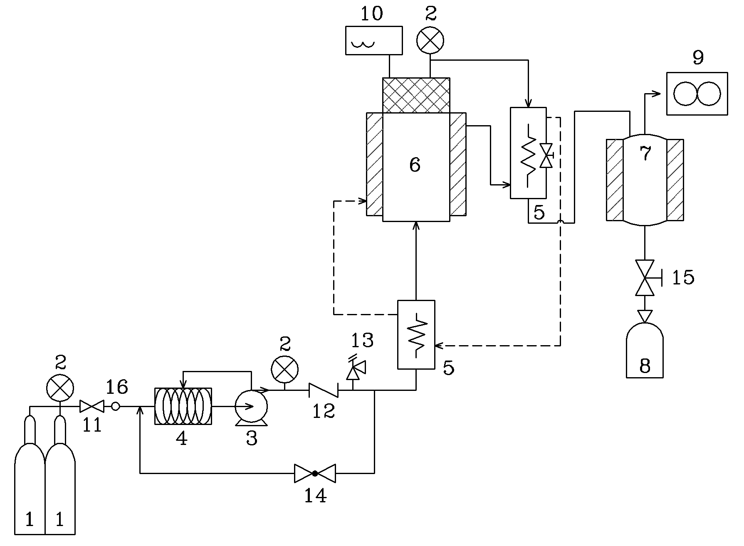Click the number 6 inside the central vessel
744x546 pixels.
(x=415, y=165)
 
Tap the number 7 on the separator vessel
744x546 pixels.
(x=645, y=154)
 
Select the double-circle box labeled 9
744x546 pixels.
(x=697, y=94)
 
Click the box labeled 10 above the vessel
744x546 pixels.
(x=374, y=40)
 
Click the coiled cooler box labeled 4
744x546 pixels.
(x=183, y=406)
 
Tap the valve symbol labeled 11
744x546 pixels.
(x=92, y=406)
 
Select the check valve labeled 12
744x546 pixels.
(x=323, y=390)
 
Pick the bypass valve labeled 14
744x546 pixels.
(x=315, y=473)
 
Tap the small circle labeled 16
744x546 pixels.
(x=116, y=406)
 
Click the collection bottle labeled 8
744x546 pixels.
(x=645, y=350)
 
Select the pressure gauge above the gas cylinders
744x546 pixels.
(x=60, y=388)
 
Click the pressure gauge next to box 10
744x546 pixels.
(x=430, y=41)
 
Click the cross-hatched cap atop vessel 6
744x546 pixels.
(x=416, y=95)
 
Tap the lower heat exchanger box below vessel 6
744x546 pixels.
(x=416, y=334)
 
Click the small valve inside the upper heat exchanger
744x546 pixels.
(x=546, y=156)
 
